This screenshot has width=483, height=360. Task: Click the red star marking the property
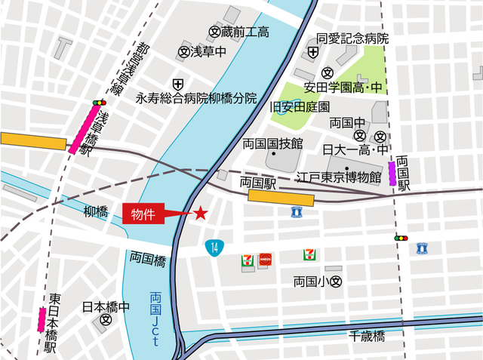[201, 214]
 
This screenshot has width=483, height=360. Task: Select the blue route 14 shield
[215, 246]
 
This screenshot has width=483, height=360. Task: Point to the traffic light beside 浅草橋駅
[98, 102]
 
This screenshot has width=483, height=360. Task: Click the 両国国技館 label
[272, 143]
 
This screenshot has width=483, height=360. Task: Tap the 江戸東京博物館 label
[337, 177]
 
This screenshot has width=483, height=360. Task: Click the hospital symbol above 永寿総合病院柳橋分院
[177, 83]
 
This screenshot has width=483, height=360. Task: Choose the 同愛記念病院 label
[352, 38]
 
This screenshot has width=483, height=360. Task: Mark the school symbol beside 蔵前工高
[214, 32]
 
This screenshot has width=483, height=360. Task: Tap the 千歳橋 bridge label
[367, 335]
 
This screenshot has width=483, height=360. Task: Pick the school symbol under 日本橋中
[106, 320]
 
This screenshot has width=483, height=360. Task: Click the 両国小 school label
[310, 282]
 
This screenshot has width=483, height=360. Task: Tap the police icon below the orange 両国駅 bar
[295, 213]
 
